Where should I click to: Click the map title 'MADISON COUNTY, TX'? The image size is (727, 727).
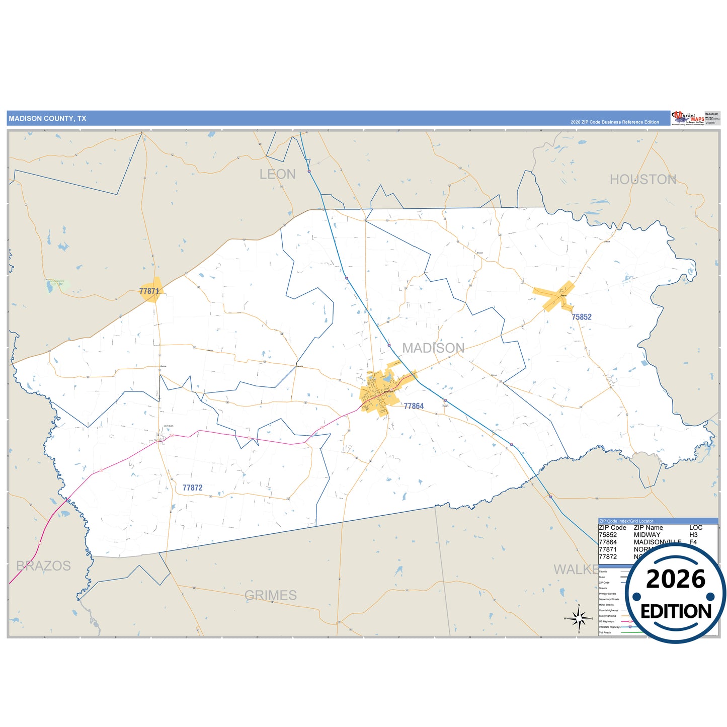click(47, 119)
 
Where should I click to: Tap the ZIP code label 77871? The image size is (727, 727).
click(149, 291)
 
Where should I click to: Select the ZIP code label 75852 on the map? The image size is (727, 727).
click(582, 317)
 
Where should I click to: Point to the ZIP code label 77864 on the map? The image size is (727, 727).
click(414, 406)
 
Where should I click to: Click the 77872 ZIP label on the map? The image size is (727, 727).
click(192, 488)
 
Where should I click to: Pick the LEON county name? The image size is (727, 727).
click(277, 175)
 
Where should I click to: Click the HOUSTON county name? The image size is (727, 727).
click(642, 180)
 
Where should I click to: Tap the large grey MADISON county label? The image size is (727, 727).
click(433, 348)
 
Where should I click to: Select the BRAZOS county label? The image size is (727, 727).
click(43, 566)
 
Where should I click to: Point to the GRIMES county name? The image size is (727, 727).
click(270, 595)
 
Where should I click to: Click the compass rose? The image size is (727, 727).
click(579, 618)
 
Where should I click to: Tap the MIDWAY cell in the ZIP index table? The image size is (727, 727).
click(647, 535)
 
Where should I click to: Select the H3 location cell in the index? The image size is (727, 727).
click(693, 535)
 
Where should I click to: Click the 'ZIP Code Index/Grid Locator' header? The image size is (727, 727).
click(626, 521)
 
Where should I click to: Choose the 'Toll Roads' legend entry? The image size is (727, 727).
click(605, 632)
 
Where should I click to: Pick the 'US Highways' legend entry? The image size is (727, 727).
click(606, 621)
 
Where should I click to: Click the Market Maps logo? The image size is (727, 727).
click(687, 118)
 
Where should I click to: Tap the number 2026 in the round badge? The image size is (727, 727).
click(675, 579)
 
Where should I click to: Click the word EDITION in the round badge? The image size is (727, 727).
click(676, 611)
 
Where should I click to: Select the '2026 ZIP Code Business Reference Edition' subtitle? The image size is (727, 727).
click(614, 122)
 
